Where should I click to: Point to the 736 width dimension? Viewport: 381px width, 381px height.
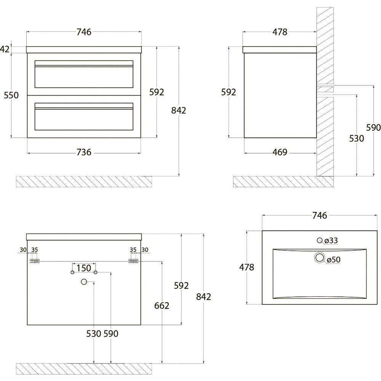tap(84, 152)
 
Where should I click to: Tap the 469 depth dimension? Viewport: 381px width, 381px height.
tap(280, 152)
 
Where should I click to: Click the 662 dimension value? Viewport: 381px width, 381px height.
tap(162, 306)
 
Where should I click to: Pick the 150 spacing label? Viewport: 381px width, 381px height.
tap(84, 268)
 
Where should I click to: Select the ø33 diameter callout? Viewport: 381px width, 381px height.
tap(331, 240)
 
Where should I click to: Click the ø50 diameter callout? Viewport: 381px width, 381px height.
tap(333, 260)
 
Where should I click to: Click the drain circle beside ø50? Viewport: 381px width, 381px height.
tap(320, 258)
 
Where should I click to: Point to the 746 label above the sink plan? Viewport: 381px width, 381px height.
tap(319, 216)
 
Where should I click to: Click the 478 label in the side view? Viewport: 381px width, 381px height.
tap(280, 32)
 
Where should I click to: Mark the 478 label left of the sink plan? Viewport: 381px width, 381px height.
tap(247, 267)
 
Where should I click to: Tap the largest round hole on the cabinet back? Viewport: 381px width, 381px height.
tap(84, 282)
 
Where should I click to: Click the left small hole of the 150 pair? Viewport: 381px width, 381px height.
tap(72, 272)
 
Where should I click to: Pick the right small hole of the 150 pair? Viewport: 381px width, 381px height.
tap(96, 272)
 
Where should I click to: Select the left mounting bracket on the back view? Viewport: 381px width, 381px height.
tap(35, 261)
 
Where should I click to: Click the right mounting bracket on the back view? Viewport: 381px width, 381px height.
tap(133, 261)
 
